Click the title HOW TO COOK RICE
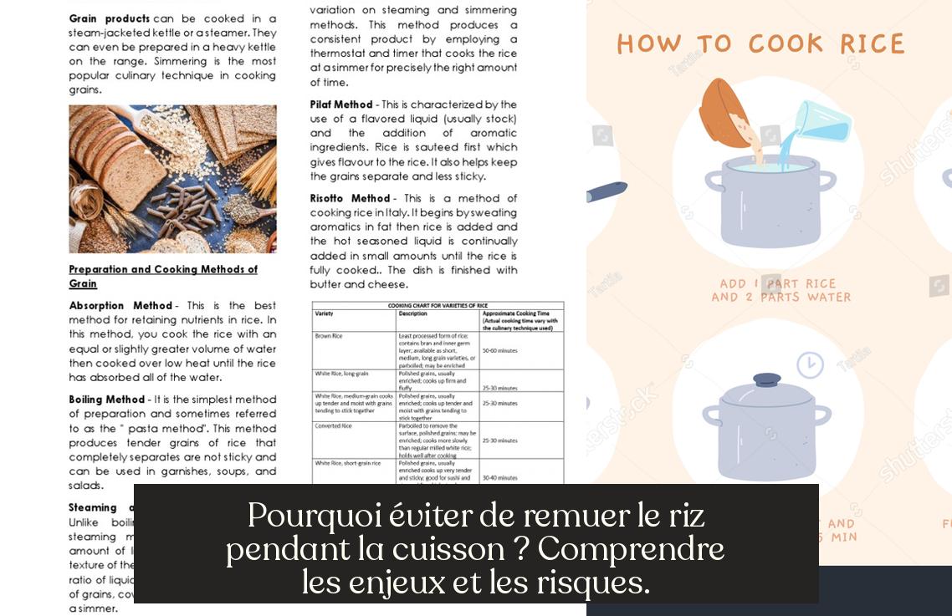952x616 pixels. click(760, 43)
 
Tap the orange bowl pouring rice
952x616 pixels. click(724, 113)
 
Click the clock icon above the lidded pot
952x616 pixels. click(809, 364)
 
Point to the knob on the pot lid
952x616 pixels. click(766, 379)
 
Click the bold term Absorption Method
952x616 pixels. click(120, 306)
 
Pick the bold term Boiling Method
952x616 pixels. click(107, 400)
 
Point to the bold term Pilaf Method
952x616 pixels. click(341, 104)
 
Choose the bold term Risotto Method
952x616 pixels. click(350, 198)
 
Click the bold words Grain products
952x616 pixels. click(109, 18)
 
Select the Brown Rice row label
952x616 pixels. click(329, 335)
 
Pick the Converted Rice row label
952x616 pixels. click(333, 425)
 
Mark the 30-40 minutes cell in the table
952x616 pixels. click(499, 477)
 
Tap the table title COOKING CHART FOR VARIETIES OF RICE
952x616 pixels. click(437, 306)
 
